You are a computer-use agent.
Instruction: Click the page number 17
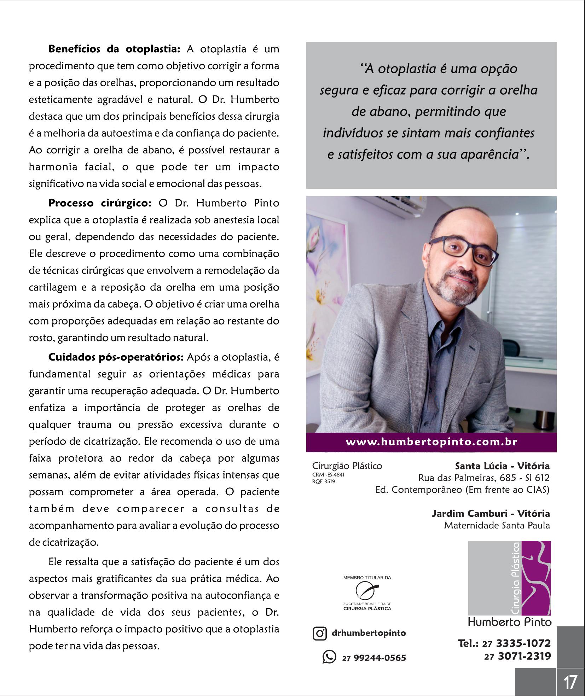pos(570,682)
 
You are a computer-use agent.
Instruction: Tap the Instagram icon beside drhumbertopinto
pos(319,633)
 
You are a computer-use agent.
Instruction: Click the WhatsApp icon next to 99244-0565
pos(329,657)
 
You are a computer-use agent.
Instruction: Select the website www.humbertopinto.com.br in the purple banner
pos(431,442)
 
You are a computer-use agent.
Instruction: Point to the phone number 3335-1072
pos(523,643)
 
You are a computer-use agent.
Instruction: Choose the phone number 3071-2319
pos(524,656)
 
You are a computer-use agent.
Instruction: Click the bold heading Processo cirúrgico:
pos(100,203)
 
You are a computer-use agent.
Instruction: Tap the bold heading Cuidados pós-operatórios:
pos(116,357)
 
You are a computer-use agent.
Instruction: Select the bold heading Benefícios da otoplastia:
pos(114,49)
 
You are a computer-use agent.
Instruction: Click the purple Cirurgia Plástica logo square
pos(509,578)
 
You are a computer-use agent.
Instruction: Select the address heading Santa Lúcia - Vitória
pos(502,466)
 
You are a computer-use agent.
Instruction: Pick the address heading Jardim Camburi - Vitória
pos(491,513)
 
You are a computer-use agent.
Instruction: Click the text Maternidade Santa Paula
pos(497,525)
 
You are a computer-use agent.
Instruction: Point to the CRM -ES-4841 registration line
pos(328,475)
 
